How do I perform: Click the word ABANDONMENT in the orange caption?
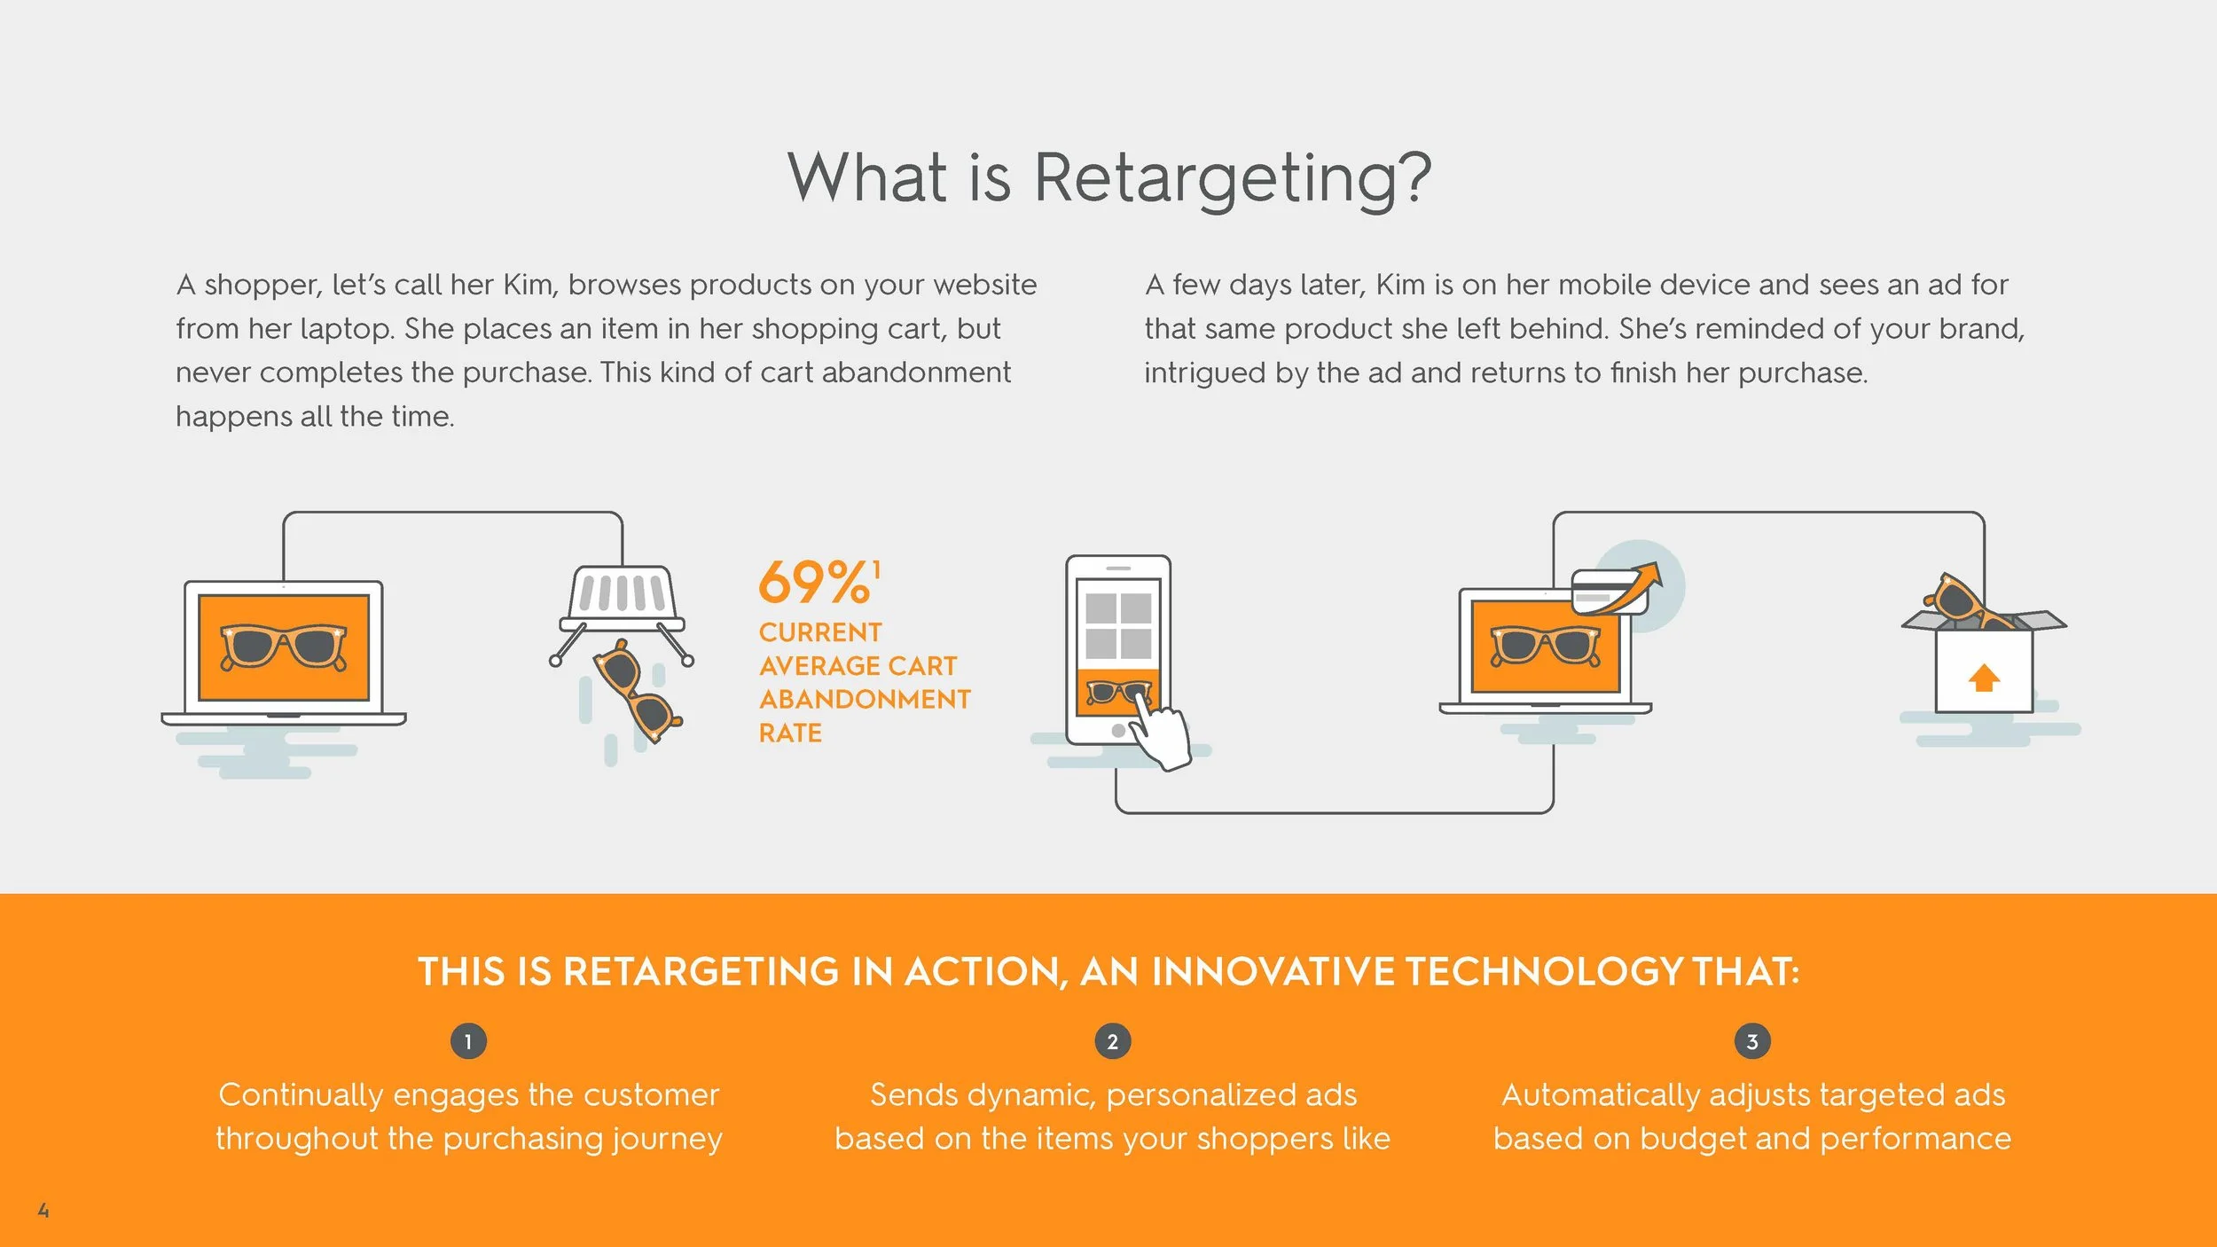pos(865,700)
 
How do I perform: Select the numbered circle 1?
pos(468,1042)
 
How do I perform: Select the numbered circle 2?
pos(1112,1042)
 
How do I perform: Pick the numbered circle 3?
pos(1751,1042)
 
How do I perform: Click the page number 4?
pos(43,1211)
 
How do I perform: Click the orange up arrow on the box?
pos(1984,678)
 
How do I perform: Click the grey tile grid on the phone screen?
pos(1117,625)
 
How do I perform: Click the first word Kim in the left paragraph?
pos(528,285)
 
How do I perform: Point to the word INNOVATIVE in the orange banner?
pos(1273,972)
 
